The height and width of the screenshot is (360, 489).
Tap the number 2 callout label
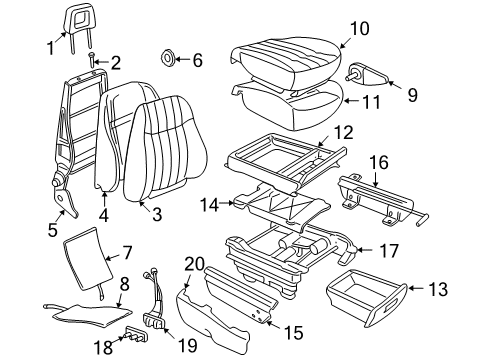[x=115, y=64]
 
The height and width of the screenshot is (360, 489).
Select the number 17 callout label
[x=367, y=251]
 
